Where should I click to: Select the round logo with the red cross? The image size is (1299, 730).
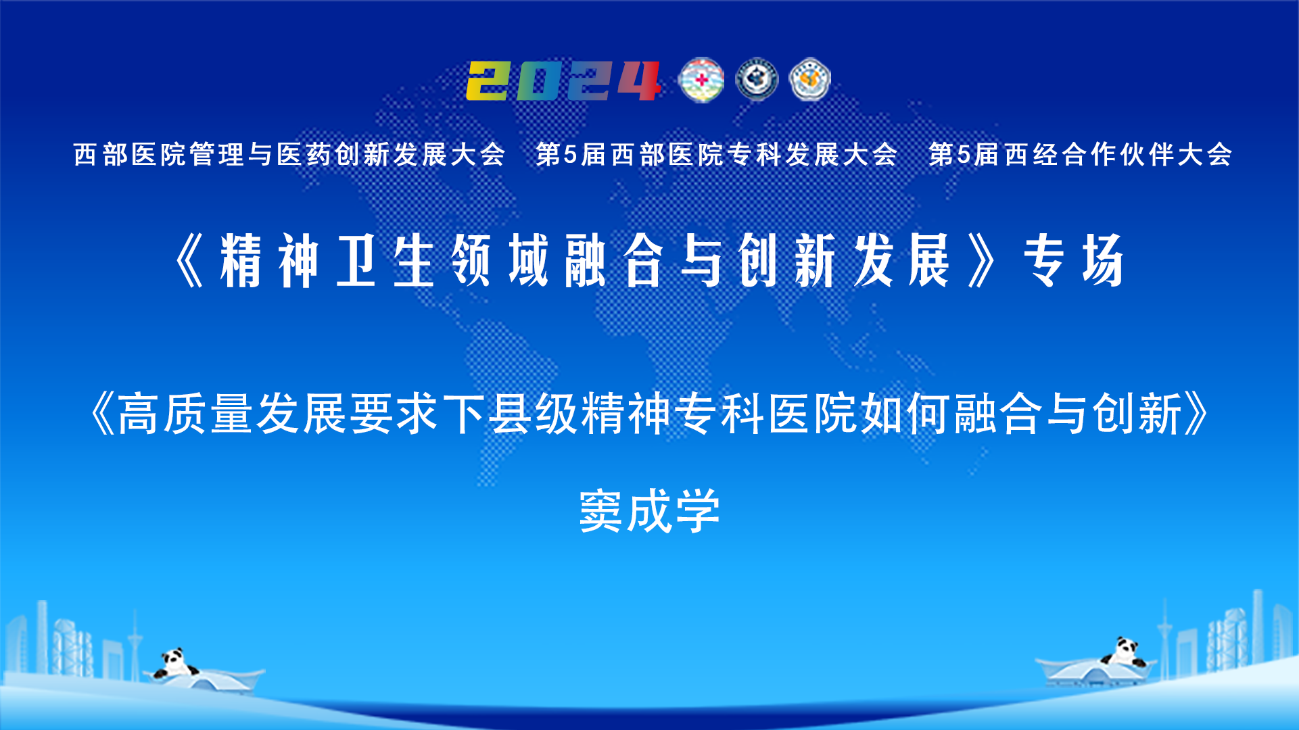701,80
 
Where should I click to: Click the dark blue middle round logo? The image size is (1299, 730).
757,80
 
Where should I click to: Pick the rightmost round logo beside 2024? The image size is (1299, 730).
810,80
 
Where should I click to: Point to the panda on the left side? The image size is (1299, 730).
174,663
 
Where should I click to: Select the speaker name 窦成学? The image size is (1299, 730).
650,512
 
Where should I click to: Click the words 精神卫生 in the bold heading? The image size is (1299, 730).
327,261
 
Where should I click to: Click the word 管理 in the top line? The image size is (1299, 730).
216,155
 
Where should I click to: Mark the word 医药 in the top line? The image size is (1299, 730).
304,155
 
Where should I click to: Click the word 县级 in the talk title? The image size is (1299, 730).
534,414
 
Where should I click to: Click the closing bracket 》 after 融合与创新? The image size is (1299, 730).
1196,414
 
